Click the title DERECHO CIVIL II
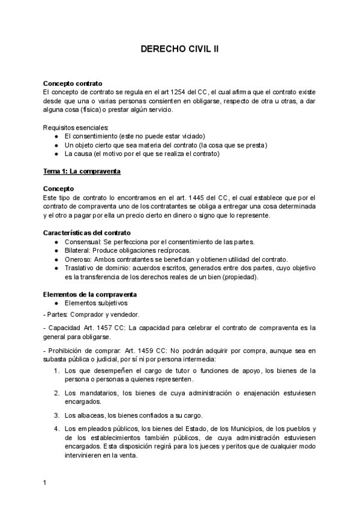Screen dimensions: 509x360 tap(179, 51)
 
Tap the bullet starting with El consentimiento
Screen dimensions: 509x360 tap(135, 136)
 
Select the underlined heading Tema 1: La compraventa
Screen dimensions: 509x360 tap(82, 171)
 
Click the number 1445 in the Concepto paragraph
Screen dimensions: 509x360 tap(212, 197)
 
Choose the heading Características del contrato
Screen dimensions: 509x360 tap(87, 232)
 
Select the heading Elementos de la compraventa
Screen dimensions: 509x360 tap(90, 294)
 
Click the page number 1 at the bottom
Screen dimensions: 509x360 tap(45, 482)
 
